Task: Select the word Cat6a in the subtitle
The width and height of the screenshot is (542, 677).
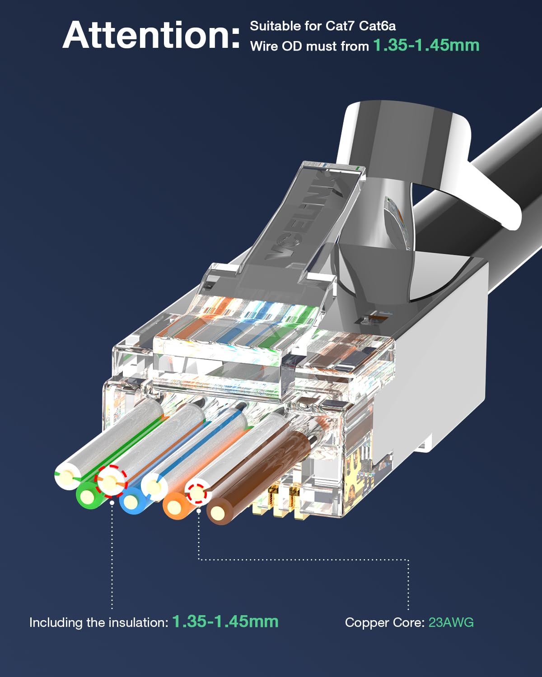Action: point(377,26)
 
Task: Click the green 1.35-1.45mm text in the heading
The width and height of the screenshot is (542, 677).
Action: point(426,45)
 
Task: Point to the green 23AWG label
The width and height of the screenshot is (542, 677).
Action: point(451,622)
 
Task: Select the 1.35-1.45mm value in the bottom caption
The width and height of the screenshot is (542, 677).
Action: point(225,621)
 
